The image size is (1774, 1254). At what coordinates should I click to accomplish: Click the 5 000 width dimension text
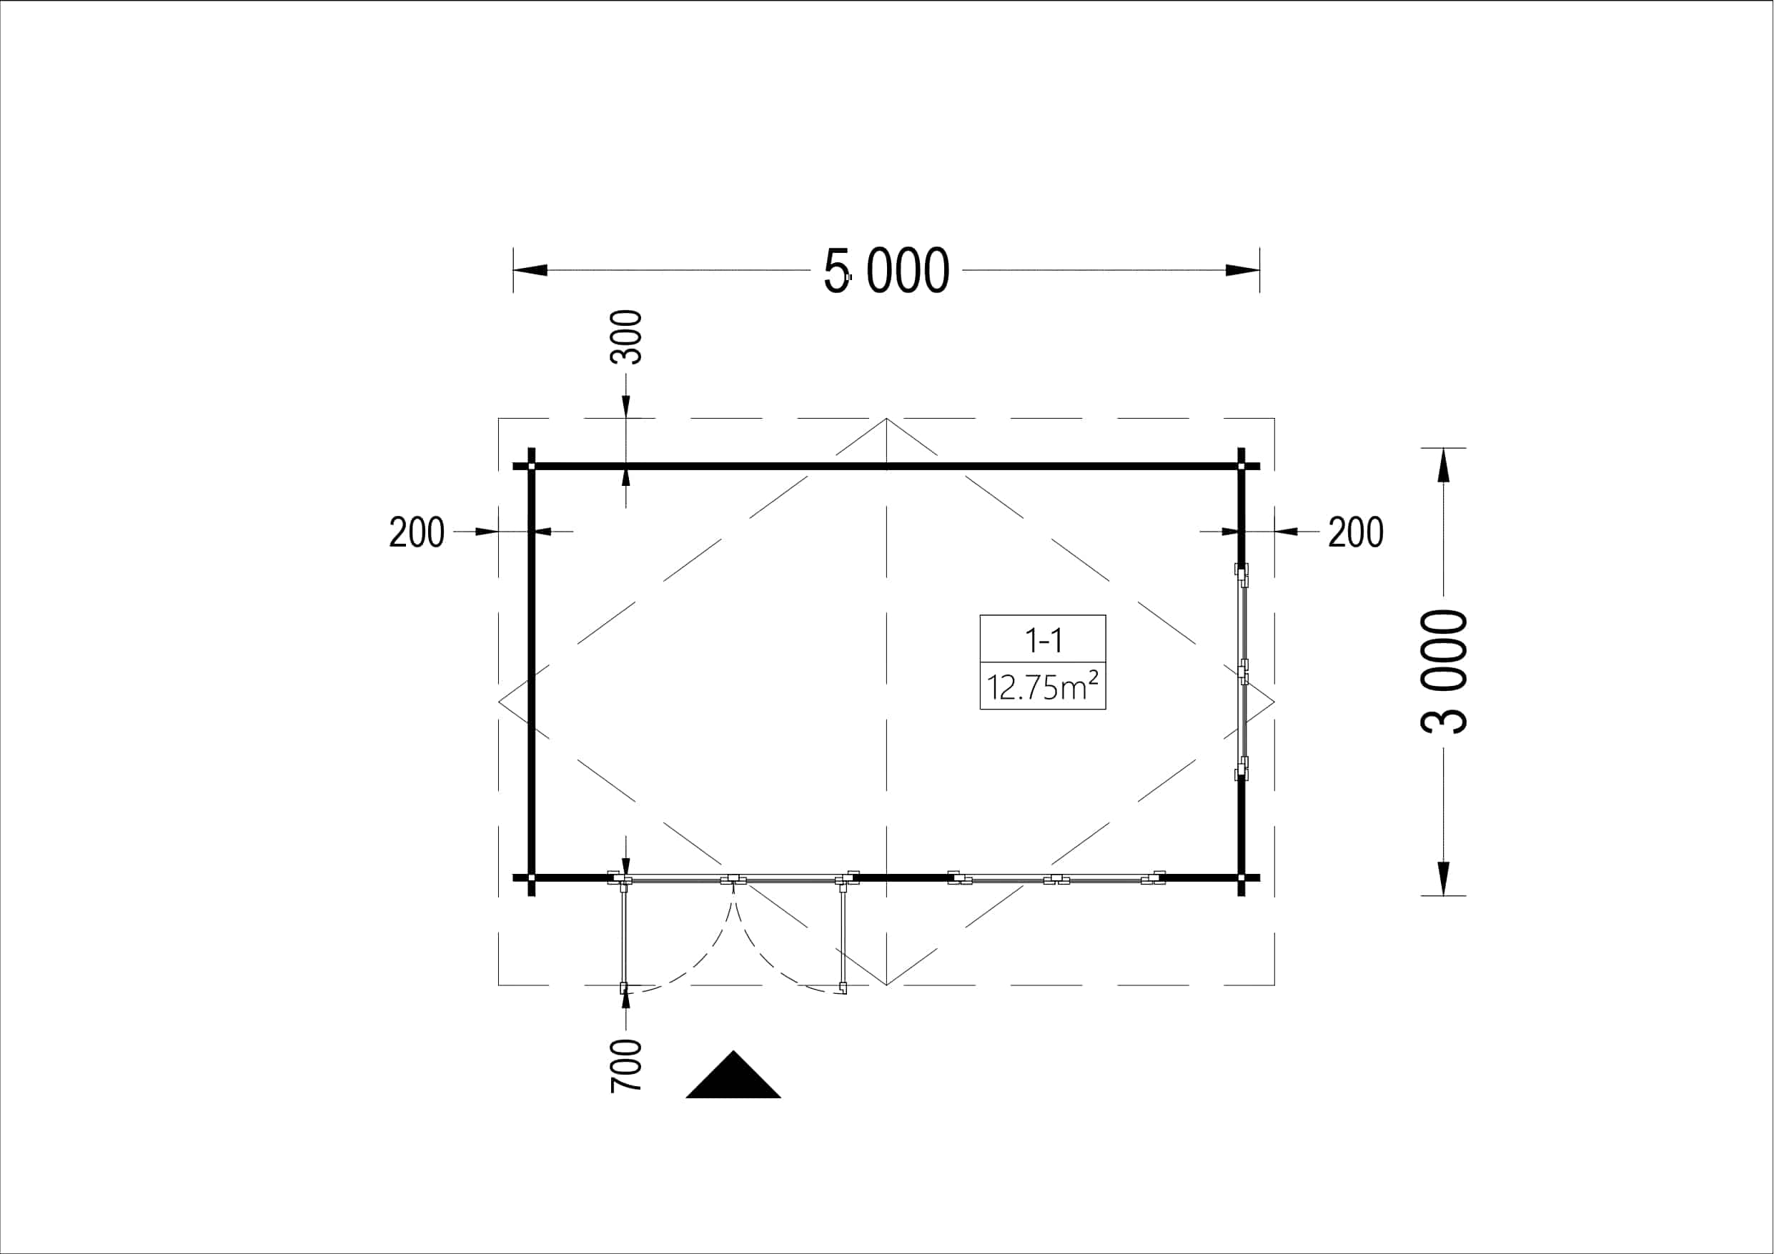(x=886, y=272)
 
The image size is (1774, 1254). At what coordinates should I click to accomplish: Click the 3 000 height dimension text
(x=1443, y=672)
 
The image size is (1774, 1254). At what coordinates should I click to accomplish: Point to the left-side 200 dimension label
(x=417, y=532)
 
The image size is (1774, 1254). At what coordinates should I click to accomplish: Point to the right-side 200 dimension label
(x=1356, y=532)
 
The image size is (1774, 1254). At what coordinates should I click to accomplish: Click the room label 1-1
(x=1043, y=640)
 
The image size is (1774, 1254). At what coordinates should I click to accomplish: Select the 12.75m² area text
(x=1043, y=686)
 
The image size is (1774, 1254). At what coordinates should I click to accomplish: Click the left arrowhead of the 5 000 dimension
(x=531, y=270)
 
